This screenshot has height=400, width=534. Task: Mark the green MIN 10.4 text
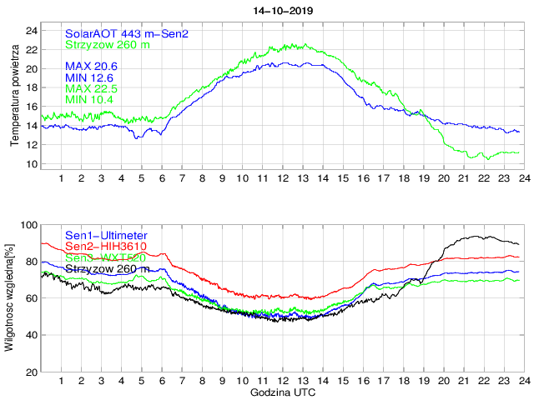pyautogui.click(x=88, y=100)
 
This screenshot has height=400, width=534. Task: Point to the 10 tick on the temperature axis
pyautogui.click(x=32, y=164)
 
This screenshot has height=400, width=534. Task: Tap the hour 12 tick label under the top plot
pyautogui.click(x=282, y=179)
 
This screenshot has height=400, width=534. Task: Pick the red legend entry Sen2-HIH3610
pyautogui.click(x=106, y=247)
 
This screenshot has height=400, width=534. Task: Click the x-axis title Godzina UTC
pyautogui.click(x=282, y=392)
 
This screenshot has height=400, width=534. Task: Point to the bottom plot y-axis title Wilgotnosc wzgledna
pyautogui.click(x=9, y=297)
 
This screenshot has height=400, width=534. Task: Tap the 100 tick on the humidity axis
pyautogui.click(x=28, y=225)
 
